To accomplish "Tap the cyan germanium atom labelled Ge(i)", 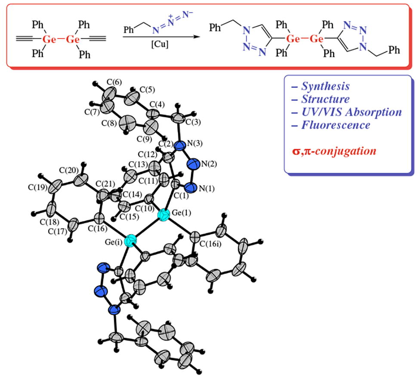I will [x=130, y=241].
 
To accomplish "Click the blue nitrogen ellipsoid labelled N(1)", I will [x=191, y=188].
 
